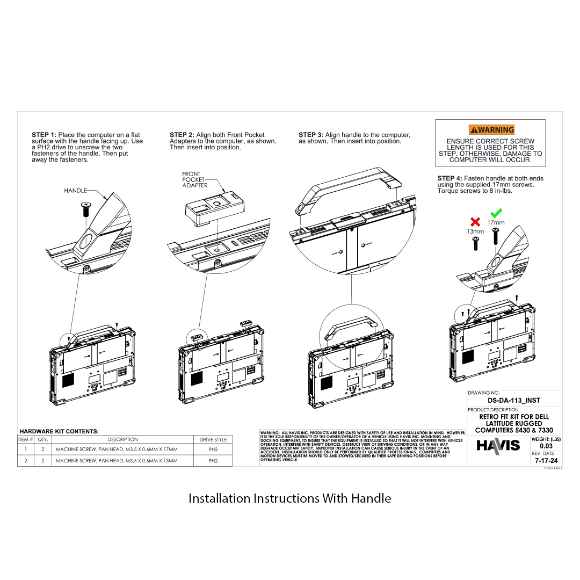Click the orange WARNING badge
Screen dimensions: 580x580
(491, 129)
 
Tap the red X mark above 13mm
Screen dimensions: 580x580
(475, 222)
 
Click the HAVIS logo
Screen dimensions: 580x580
(498, 445)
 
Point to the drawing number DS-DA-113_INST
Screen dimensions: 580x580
(513, 400)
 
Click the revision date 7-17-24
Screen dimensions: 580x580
(546, 461)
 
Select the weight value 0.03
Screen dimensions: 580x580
(546, 446)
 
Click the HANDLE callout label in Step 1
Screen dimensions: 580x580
(75, 191)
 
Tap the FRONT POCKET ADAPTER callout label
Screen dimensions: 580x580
(194, 180)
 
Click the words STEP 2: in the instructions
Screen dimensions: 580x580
(182, 135)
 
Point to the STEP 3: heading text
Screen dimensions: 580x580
(311, 135)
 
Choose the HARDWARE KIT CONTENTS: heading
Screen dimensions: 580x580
(59, 431)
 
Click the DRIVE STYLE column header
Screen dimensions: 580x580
(213, 439)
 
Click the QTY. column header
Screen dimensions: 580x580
(43, 439)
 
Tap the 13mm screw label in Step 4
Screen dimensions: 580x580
(475, 231)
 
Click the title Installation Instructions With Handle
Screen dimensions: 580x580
(289, 498)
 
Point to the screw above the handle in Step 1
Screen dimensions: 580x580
(85, 208)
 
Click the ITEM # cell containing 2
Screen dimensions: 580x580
(25, 461)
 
